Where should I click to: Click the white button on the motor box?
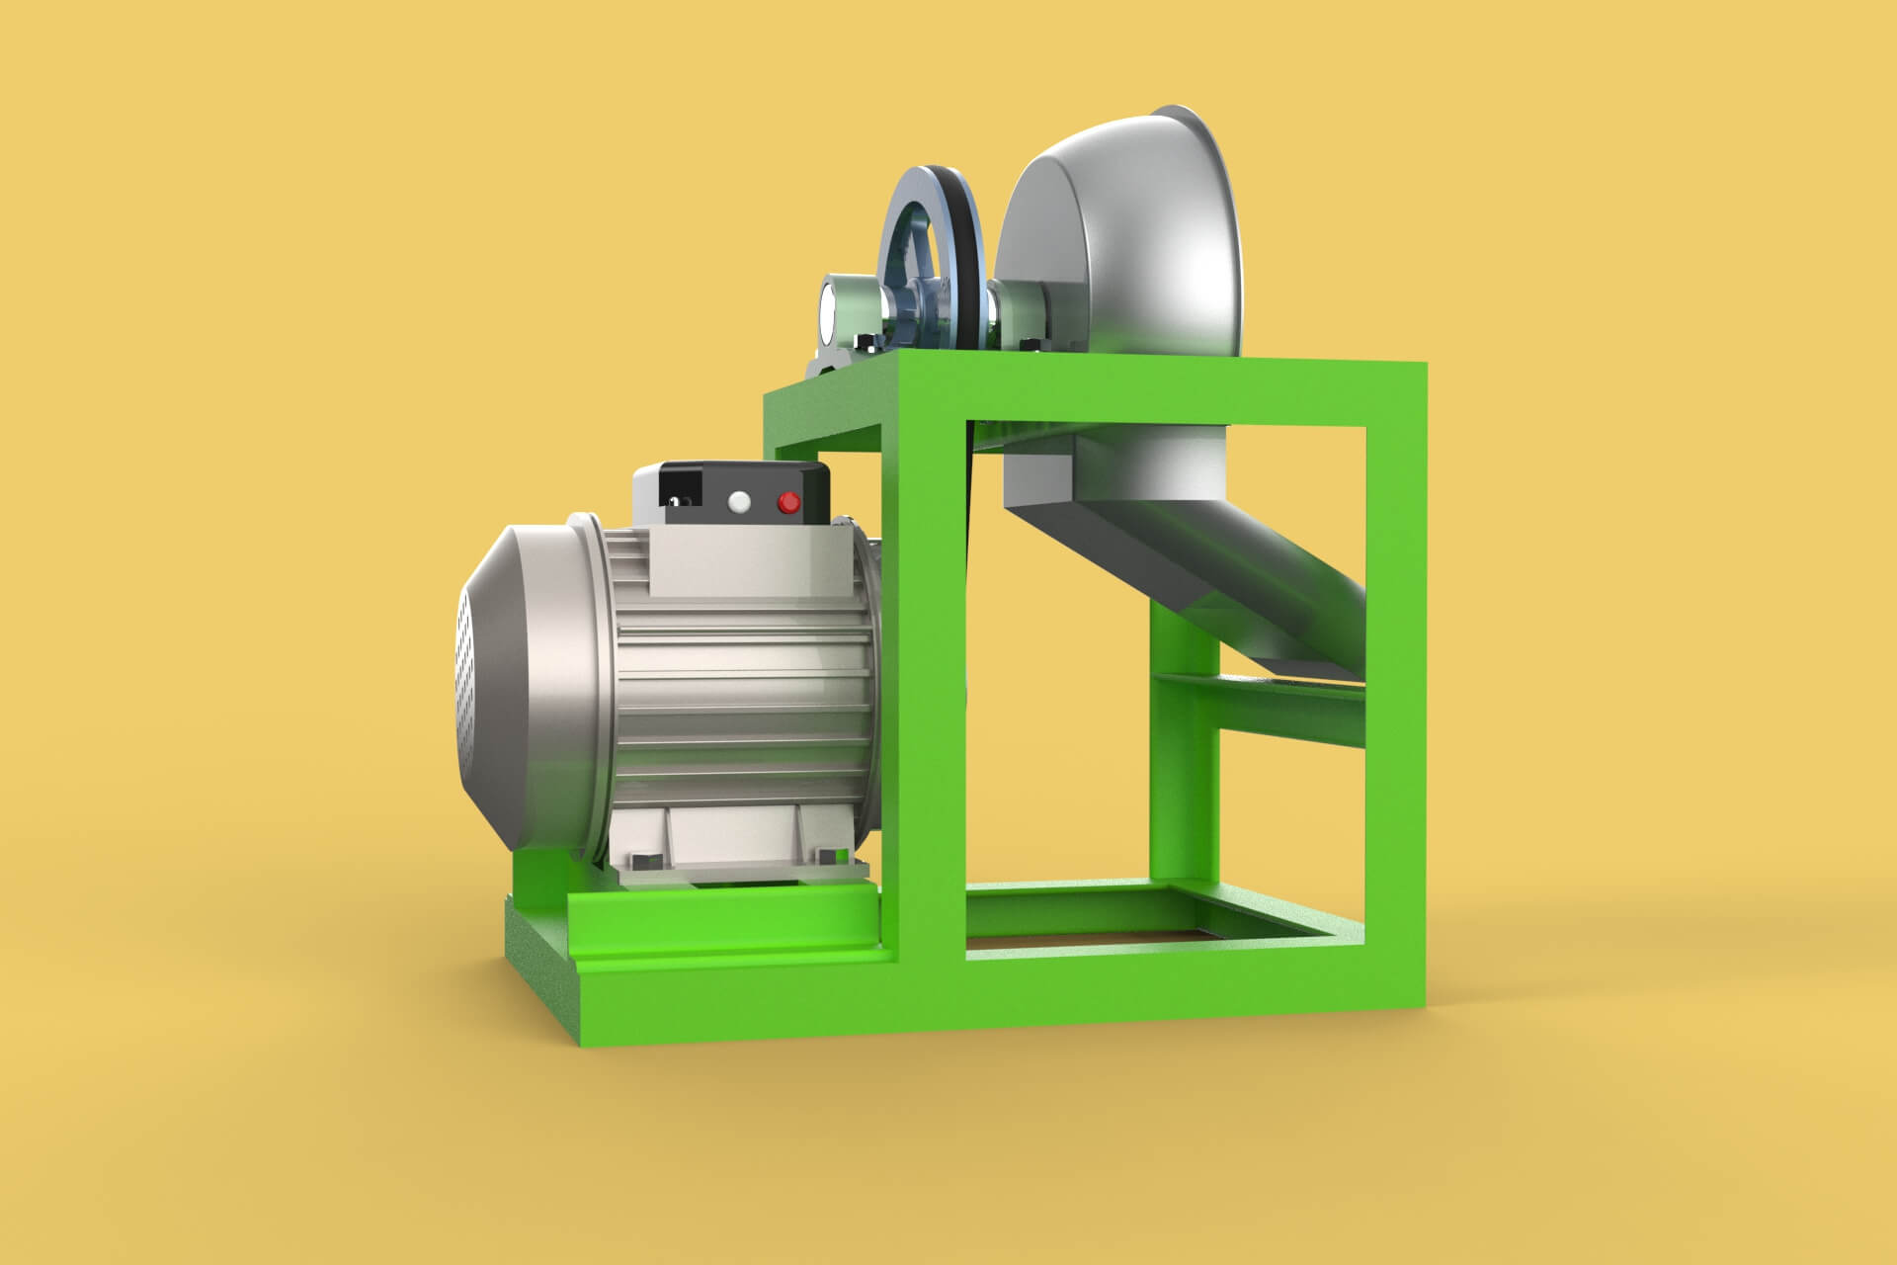pos(737,502)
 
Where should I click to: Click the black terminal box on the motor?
pos(731,494)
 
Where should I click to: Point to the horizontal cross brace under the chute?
pos(1284,702)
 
